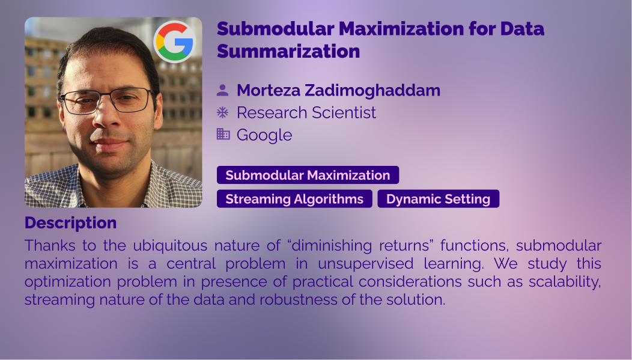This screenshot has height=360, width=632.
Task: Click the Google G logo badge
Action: (x=174, y=42)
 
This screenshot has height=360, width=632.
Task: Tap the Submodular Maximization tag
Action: (x=308, y=175)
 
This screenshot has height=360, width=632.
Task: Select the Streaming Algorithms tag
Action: (x=294, y=199)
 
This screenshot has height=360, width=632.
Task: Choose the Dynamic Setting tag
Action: (x=438, y=199)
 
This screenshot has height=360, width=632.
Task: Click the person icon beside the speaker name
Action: (x=222, y=90)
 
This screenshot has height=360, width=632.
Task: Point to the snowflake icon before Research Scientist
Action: (x=222, y=112)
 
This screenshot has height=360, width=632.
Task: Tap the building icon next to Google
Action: (x=223, y=134)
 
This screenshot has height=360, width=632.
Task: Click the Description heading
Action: (x=70, y=223)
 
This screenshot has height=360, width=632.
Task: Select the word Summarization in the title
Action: (x=288, y=51)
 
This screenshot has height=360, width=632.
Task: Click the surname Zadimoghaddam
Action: (x=372, y=90)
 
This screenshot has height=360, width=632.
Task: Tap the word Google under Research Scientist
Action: (x=264, y=135)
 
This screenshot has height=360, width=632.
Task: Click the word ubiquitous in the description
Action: (x=169, y=246)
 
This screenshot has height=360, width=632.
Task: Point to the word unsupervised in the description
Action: (x=366, y=264)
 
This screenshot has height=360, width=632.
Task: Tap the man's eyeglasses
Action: (x=107, y=100)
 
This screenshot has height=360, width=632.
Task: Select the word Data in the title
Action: (x=523, y=29)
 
